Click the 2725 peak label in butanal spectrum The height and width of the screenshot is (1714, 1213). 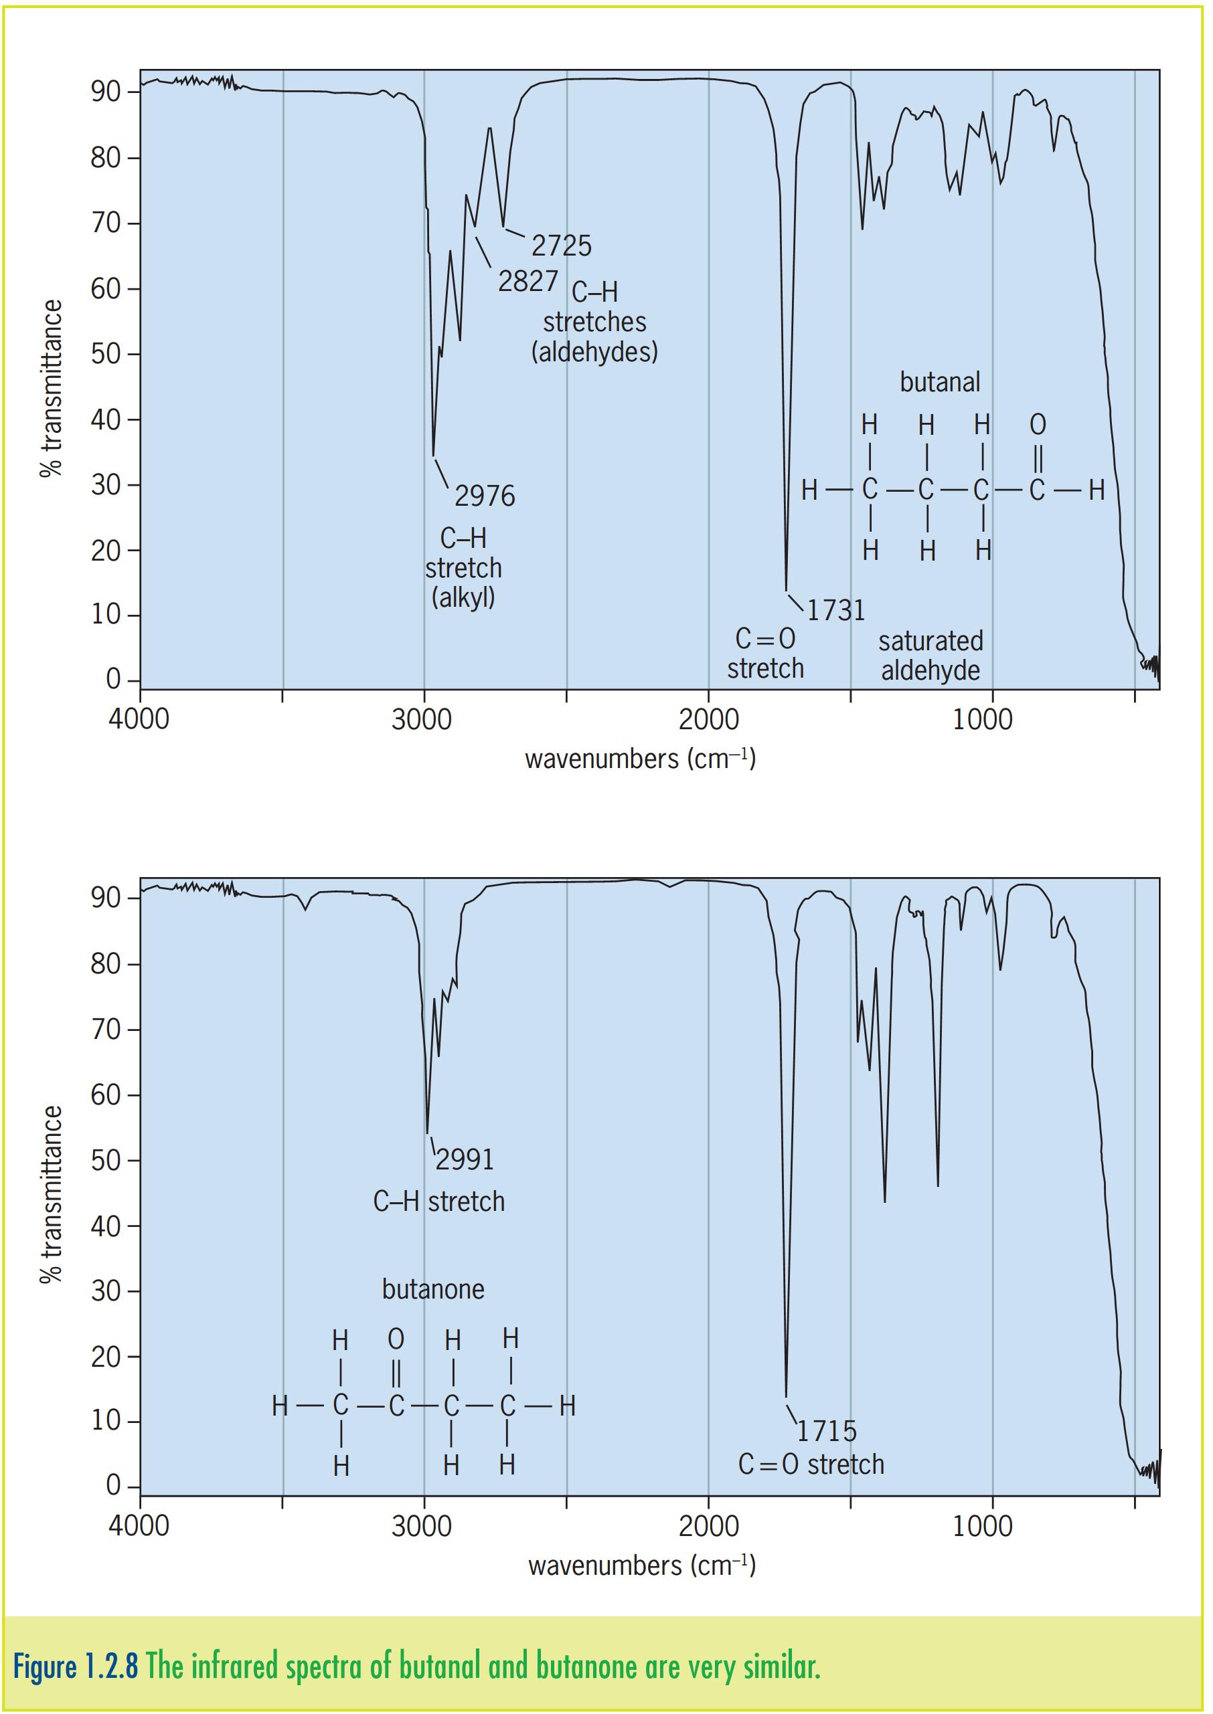pos(561,245)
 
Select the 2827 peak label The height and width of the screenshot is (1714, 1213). pos(528,281)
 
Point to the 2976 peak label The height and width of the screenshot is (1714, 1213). pos(485,496)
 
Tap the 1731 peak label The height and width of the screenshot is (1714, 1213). pos(836,611)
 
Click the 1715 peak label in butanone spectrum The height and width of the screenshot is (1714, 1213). pos(826,1431)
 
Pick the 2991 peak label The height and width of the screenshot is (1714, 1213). pos(465,1159)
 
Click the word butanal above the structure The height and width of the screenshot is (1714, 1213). pos(940,382)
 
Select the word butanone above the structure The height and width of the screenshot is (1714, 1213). pos(433,1289)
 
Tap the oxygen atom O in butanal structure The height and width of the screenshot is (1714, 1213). pos(1038,425)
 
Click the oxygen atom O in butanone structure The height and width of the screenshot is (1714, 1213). pos(396,1339)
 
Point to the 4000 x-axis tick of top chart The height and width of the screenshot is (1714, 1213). pos(140,720)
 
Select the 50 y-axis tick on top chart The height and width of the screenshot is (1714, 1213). pos(105,354)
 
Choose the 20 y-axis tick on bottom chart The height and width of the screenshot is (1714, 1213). pos(105,1357)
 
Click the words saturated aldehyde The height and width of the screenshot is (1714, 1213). pos(931,656)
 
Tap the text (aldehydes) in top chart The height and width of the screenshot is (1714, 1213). pos(594,352)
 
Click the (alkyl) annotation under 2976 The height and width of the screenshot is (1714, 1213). pos(463,597)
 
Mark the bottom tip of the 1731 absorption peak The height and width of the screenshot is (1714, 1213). pos(786,590)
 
